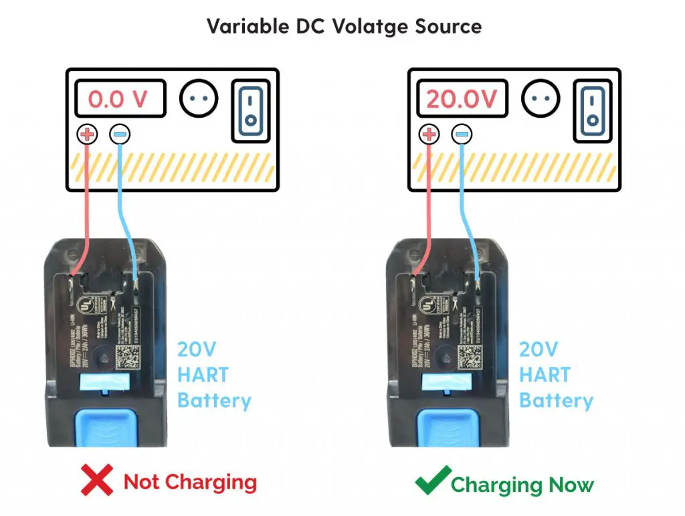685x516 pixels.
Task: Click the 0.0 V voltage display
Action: [x=119, y=99]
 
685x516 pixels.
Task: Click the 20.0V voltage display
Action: [x=462, y=99]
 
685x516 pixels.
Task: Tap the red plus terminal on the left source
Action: [x=87, y=135]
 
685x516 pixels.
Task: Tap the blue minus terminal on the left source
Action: [x=120, y=135]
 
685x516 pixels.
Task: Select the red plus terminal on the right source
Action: [x=429, y=135]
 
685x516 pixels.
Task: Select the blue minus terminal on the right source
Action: [x=462, y=135]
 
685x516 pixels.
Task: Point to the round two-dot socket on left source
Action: [x=199, y=99]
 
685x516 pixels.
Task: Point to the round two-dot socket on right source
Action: [x=541, y=99]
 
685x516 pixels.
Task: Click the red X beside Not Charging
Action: [x=96, y=481]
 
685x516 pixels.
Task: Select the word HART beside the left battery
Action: [x=203, y=375]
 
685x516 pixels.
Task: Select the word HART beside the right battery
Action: [x=545, y=375]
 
